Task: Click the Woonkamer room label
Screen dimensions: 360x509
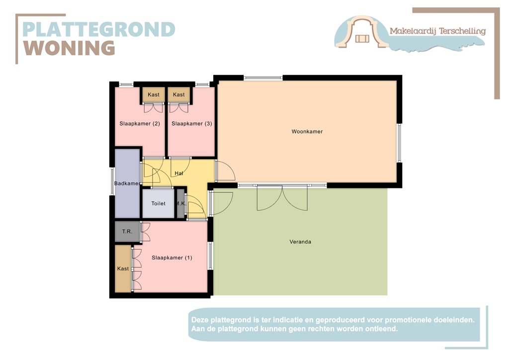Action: pyautogui.click(x=307, y=132)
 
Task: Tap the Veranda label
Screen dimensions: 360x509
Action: pyautogui.click(x=300, y=242)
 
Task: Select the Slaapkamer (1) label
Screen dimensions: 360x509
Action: pyautogui.click(x=171, y=258)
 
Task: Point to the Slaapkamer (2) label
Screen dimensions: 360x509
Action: pyautogui.click(x=139, y=123)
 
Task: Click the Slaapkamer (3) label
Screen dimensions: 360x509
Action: pyautogui.click(x=191, y=123)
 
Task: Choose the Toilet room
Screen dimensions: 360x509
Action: pyautogui.click(x=158, y=203)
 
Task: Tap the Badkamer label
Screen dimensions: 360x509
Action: pyautogui.click(x=127, y=183)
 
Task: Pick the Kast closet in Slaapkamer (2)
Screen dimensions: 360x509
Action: pyautogui.click(x=153, y=94)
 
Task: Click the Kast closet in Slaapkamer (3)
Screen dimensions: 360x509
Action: pyautogui.click(x=179, y=94)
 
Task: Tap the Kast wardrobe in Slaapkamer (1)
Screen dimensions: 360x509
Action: pyautogui.click(x=123, y=269)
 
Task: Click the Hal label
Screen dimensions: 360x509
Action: pyautogui.click(x=179, y=174)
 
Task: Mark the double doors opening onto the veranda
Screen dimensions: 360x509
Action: pyautogui.click(x=282, y=197)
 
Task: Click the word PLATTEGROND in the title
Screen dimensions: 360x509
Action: pyautogui.click(x=99, y=29)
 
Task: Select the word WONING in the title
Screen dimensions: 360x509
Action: pyautogui.click(x=70, y=48)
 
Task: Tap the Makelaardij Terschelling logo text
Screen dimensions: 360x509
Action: pyautogui.click(x=437, y=31)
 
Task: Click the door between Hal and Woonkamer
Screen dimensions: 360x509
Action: pyautogui.click(x=224, y=172)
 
